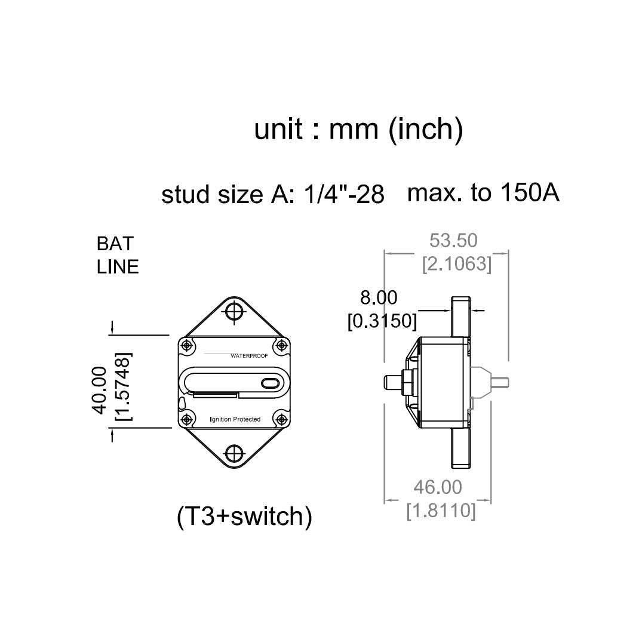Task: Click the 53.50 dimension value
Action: [x=453, y=240]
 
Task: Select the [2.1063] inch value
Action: [x=457, y=264]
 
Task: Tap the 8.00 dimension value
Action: [x=378, y=297]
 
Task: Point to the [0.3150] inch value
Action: [x=382, y=321]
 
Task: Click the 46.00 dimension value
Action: [x=438, y=487]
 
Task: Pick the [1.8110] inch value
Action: [x=441, y=511]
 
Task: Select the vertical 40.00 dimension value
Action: [x=99, y=390]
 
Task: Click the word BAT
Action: [x=115, y=244]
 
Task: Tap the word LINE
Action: [x=118, y=267]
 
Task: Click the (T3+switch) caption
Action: [x=245, y=517]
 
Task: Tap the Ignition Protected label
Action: [x=235, y=419]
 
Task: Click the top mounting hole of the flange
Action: [x=234, y=311]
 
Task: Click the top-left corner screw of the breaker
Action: [x=187, y=345]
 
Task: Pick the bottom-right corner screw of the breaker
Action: [x=281, y=418]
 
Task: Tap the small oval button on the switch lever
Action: [x=269, y=383]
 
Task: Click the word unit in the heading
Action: [x=278, y=129]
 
